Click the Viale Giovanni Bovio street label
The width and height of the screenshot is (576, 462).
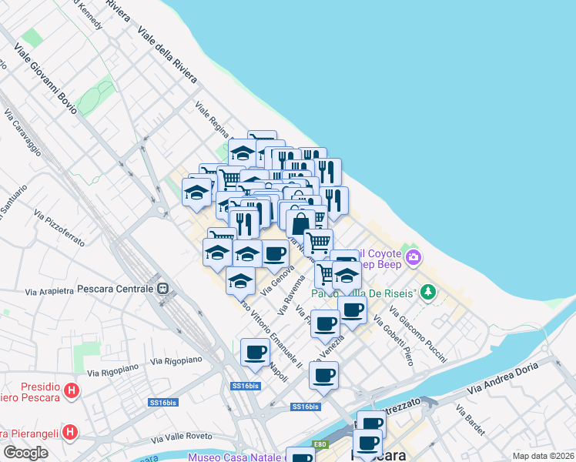pos(45,79)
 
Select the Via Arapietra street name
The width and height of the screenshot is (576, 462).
pos(49,291)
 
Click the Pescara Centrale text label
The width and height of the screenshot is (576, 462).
pos(116,289)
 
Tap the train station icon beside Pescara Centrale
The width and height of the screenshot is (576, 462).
pos(162,289)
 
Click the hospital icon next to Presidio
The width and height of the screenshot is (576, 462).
pos(72,390)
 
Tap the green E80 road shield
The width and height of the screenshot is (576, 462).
pos(320,444)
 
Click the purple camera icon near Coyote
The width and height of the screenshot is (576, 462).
pos(414,257)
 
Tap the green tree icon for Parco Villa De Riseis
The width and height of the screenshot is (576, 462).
pos(429,293)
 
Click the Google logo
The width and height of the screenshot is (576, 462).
pos(26,453)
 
